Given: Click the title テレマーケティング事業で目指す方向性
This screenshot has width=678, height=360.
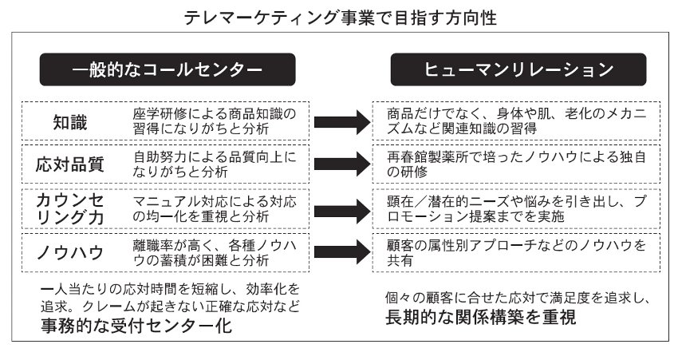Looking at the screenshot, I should coord(340,17).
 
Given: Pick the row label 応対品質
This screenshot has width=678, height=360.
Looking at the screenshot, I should coord(70,164).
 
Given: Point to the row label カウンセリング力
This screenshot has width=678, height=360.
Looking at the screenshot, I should coord(70,208).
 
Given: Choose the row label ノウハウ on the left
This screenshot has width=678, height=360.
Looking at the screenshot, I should coord(70,252).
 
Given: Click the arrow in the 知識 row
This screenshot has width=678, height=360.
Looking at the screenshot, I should coord(343,122).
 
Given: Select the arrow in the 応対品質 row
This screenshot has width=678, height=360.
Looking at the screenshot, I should coord(343,165).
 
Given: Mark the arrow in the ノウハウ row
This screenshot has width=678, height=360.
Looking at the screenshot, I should coord(343,253).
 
